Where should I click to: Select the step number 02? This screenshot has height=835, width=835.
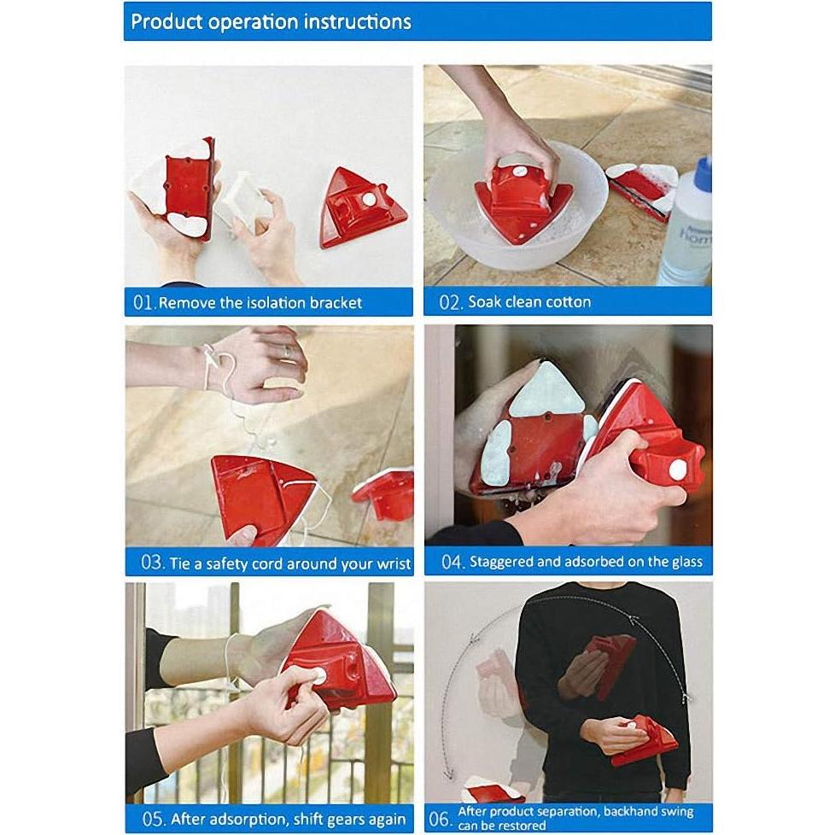coord(449,302)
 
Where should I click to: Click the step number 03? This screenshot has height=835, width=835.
coord(151,563)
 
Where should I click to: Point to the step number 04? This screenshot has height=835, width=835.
coord(451,563)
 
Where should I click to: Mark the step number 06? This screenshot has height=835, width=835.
coord(440,818)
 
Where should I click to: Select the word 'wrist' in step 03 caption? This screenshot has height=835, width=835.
coord(392,563)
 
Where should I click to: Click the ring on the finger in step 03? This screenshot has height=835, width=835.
coord(286,350)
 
